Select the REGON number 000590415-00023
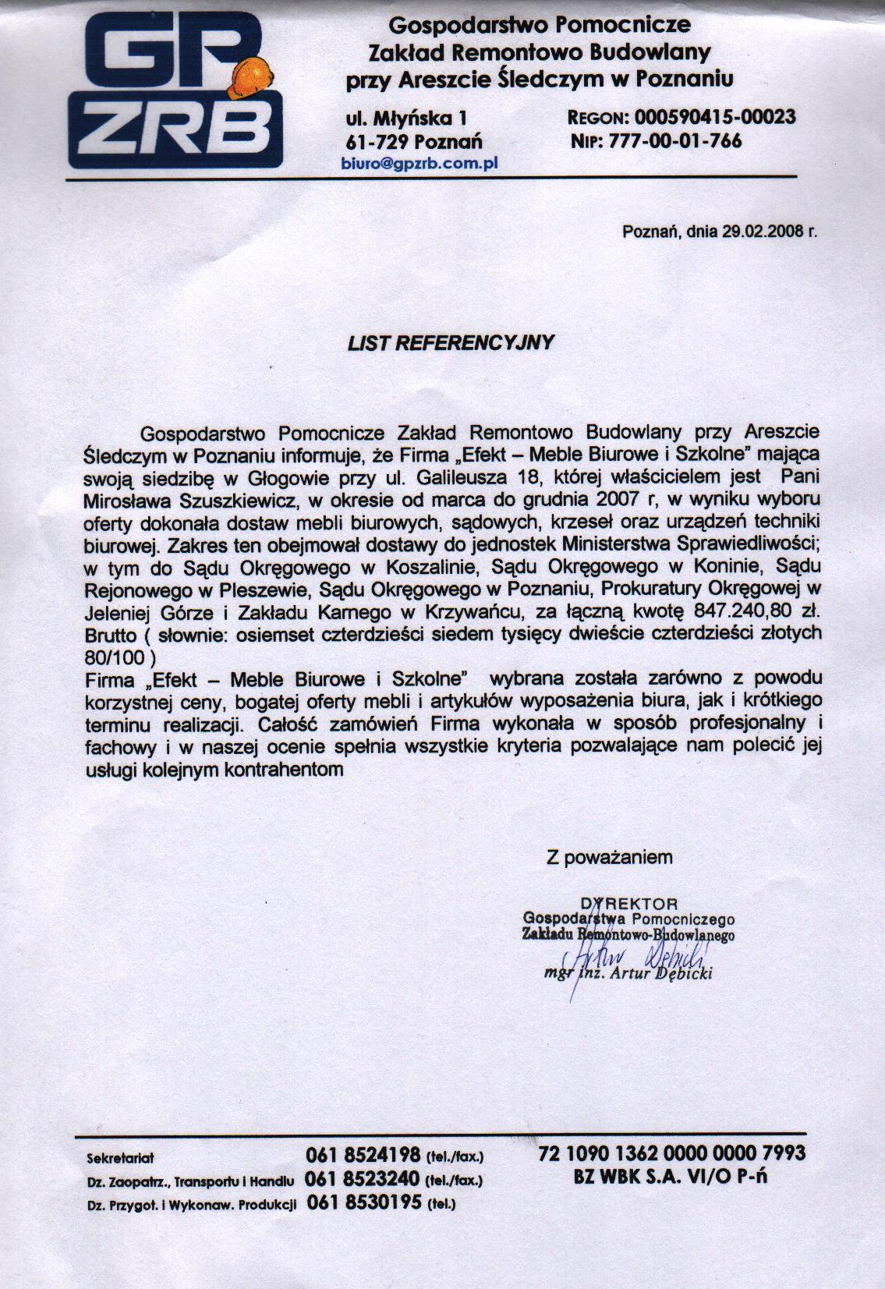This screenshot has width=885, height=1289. (x=715, y=117)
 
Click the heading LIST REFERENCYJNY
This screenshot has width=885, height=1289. (x=451, y=342)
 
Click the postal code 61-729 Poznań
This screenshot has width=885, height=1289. (x=413, y=142)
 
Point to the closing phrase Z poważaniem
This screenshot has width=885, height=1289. (x=609, y=857)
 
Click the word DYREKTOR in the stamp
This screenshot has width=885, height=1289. (x=630, y=905)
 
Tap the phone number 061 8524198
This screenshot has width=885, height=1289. (x=364, y=1155)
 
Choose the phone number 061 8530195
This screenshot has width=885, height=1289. (x=364, y=1202)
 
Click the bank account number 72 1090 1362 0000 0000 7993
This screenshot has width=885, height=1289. (x=671, y=1153)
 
